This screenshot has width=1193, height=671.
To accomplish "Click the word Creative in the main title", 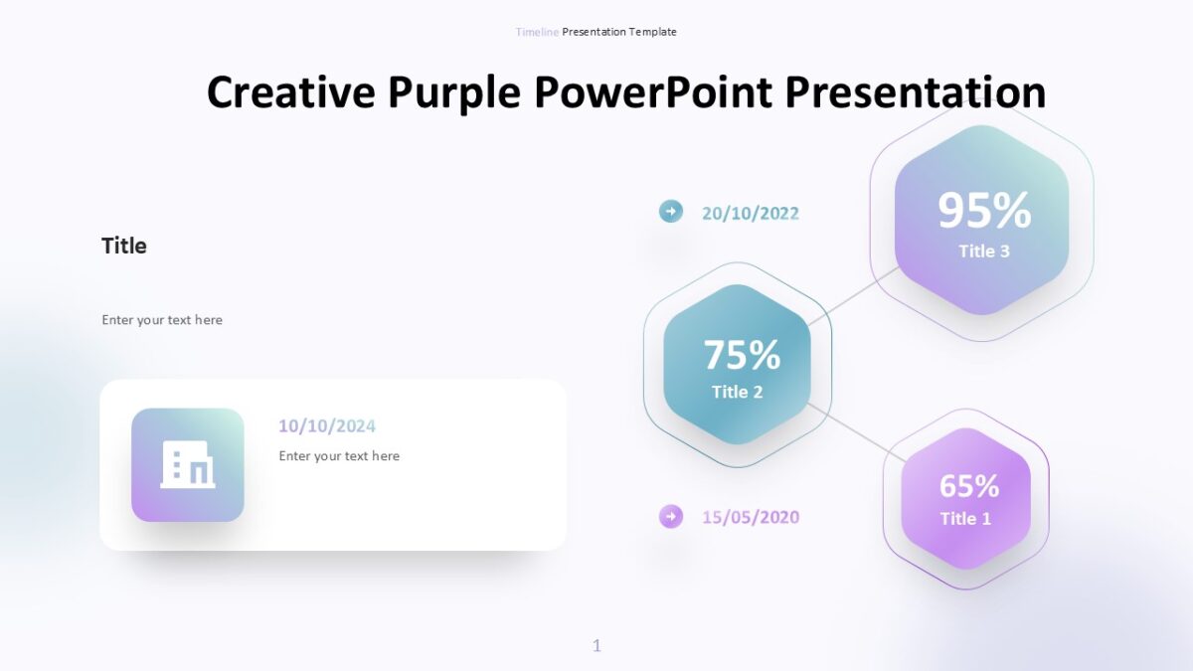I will (x=292, y=92).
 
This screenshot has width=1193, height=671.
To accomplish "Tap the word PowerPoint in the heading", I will (x=652, y=92).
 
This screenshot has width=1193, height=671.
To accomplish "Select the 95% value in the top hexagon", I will (x=984, y=211).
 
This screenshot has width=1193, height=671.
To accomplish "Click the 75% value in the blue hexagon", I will (x=742, y=355).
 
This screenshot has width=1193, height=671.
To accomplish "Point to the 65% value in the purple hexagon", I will (x=968, y=486).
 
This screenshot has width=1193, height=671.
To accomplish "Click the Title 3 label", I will (x=983, y=252).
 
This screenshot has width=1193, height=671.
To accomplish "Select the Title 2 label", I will (x=737, y=392).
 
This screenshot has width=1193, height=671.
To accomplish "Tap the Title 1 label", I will (x=965, y=519).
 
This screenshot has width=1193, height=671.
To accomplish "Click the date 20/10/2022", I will (x=750, y=214).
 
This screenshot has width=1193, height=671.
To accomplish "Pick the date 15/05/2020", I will (x=750, y=518).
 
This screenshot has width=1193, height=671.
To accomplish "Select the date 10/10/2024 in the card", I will (x=327, y=426).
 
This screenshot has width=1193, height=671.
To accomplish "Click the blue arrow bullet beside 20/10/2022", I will (x=671, y=211).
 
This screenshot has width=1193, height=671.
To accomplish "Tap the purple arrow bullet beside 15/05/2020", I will (x=671, y=516).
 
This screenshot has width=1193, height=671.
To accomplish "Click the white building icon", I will (x=188, y=464).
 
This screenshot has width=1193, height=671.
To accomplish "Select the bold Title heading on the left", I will (x=124, y=247).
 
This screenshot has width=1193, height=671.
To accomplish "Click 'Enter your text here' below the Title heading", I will (x=162, y=320).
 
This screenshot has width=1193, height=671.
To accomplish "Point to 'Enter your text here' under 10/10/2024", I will (x=339, y=456).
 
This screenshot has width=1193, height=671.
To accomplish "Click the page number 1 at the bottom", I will (x=596, y=646).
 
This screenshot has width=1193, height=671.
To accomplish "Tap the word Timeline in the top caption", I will (x=537, y=32).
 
